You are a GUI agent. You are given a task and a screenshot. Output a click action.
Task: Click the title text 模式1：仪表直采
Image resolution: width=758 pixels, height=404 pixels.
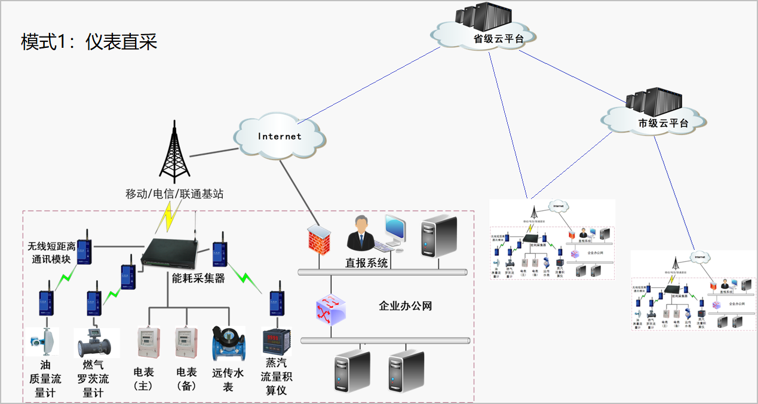pyautogui.click(x=89, y=42)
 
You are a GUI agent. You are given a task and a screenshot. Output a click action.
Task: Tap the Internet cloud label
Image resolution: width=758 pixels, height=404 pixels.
pyautogui.click(x=280, y=136)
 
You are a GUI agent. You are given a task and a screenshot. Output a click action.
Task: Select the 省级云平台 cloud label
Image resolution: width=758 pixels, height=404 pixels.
pyautogui.click(x=498, y=39)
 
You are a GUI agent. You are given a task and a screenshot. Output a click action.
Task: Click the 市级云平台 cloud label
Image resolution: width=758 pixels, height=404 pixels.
pyautogui.click(x=662, y=124)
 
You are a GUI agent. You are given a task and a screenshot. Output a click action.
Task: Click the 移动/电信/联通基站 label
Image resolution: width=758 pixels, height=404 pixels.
pyautogui.click(x=174, y=194)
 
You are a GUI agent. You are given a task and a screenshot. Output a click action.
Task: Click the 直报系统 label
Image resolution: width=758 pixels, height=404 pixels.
pyautogui.click(x=367, y=262)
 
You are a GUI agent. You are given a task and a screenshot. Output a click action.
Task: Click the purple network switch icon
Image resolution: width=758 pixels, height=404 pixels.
pyautogui.click(x=332, y=309)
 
